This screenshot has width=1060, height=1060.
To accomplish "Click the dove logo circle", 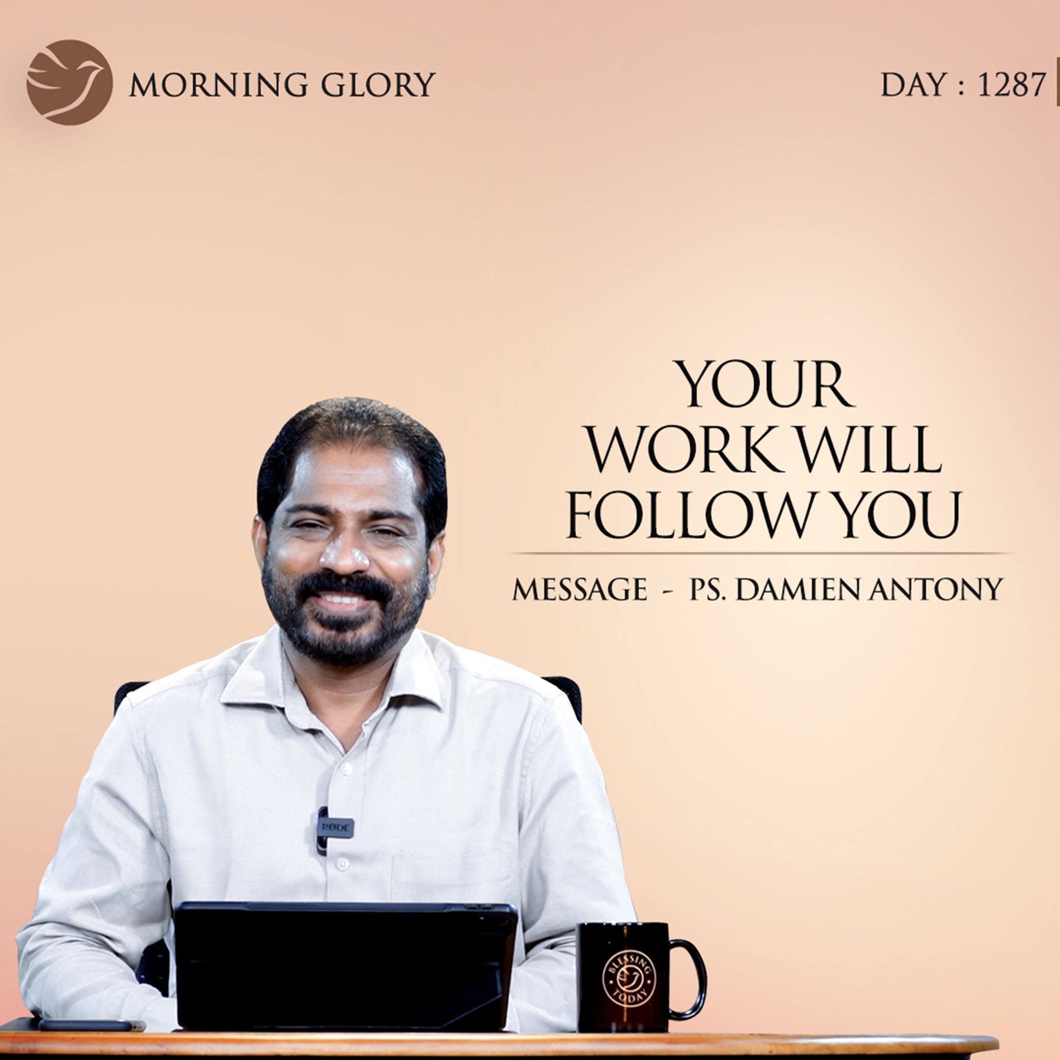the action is click(x=70, y=82).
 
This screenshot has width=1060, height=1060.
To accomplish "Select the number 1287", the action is click(x=1011, y=85).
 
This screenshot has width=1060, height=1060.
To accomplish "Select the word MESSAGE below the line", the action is click(x=579, y=590).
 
